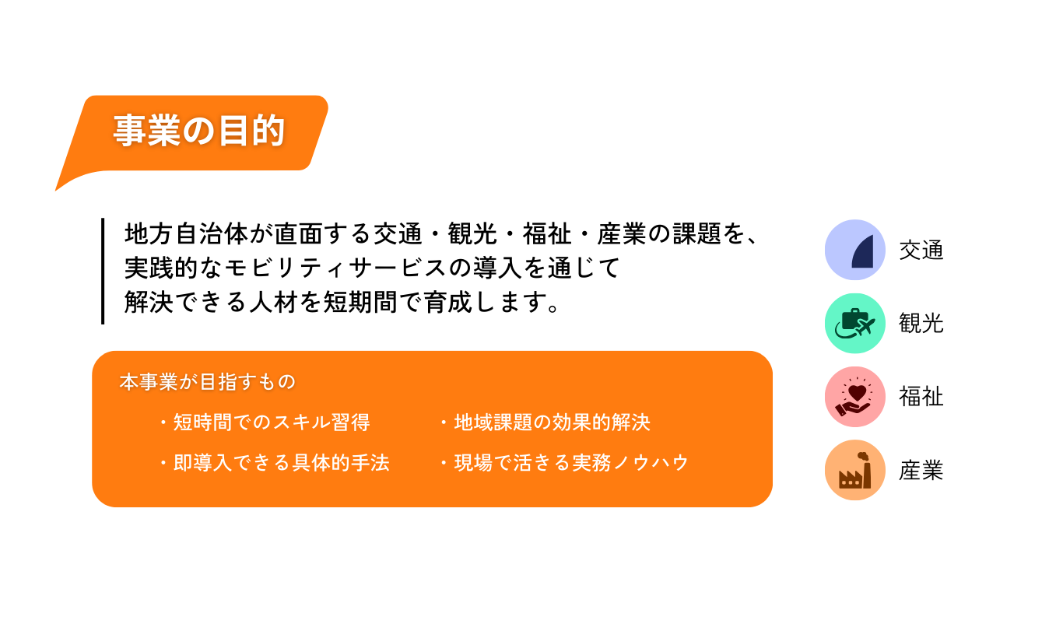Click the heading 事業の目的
coord(199,131)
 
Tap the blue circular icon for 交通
coord(854,250)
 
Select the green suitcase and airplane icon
coord(854,323)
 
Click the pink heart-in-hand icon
coord(854,397)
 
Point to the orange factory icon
coord(854,470)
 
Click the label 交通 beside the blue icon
coord(921,250)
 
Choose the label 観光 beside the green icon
coord(921,324)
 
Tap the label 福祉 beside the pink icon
coord(921,397)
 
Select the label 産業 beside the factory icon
coord(921,470)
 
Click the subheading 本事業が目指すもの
coord(208,381)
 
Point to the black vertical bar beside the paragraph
coord(103,271)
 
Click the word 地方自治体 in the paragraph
coord(187,234)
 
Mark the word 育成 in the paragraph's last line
coord(448,302)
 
